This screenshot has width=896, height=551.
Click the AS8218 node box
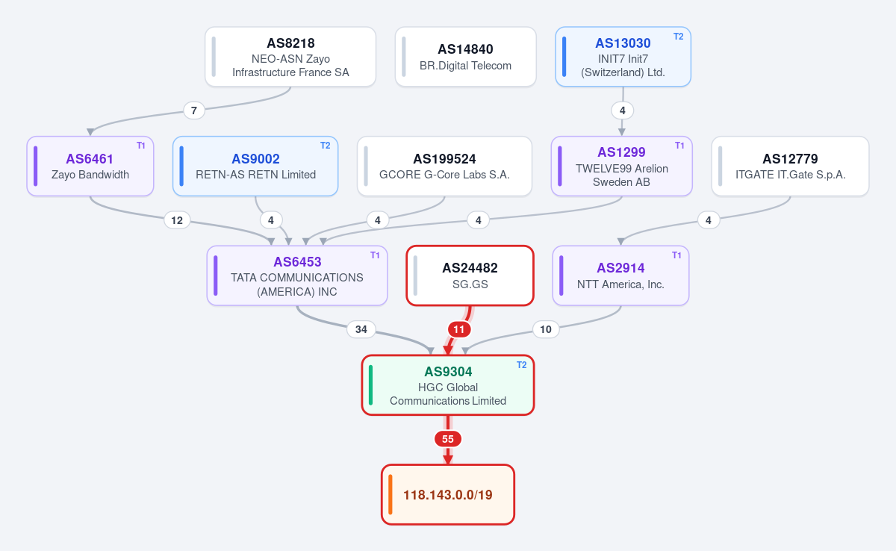pyautogui.click(x=290, y=57)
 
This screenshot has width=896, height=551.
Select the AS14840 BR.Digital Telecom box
pyautogui.click(x=466, y=57)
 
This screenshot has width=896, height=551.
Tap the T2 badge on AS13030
pyautogui.click(x=679, y=37)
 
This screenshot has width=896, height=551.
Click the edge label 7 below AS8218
pyautogui.click(x=194, y=110)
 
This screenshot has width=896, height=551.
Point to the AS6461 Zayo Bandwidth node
pyautogui.click(x=90, y=166)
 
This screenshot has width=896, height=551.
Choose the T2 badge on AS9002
pyautogui.click(x=326, y=146)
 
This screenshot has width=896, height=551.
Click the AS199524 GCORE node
pyautogui.click(x=444, y=166)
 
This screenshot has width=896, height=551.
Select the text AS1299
pyautogui.click(x=621, y=152)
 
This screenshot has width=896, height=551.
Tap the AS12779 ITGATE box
pyautogui.click(x=791, y=166)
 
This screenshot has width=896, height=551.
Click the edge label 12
pyautogui.click(x=177, y=220)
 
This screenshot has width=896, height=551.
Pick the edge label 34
pyautogui.click(x=361, y=329)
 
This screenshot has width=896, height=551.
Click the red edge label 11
pyautogui.click(x=459, y=329)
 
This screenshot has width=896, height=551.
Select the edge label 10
pyautogui.click(x=546, y=329)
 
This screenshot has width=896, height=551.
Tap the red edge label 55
pyautogui.click(x=448, y=439)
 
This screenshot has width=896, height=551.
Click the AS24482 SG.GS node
pyautogui.click(x=470, y=276)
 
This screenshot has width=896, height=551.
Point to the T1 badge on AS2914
pyautogui.click(x=676, y=255)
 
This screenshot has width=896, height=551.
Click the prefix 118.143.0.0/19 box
pyautogui.click(x=448, y=494)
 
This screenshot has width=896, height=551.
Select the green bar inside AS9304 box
pyautogui.click(x=371, y=385)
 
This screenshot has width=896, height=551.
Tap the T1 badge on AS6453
pyautogui.click(x=375, y=255)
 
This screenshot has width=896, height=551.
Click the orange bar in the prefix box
pyautogui.click(x=391, y=494)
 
